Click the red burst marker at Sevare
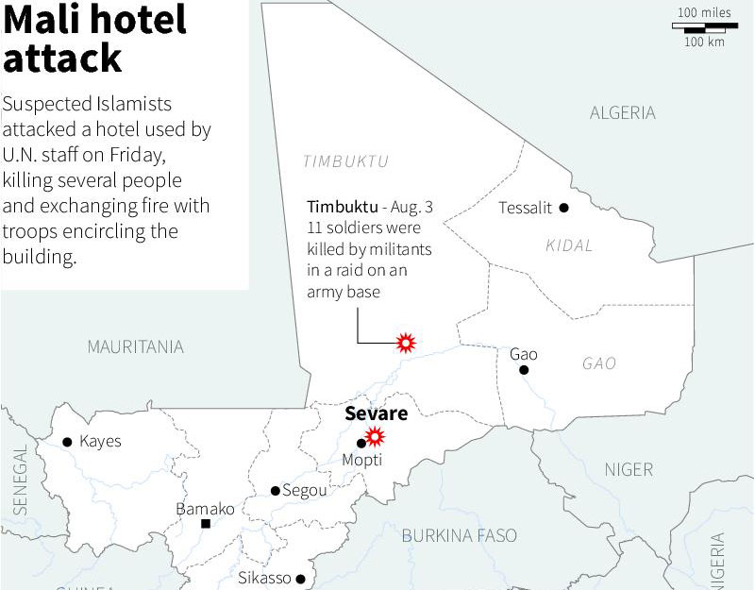pyautogui.click(x=376, y=436)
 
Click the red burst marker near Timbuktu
pyautogui.click(x=406, y=343)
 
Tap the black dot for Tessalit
pyautogui.click(x=563, y=208)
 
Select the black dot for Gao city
pyautogui.click(x=524, y=370)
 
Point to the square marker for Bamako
pyautogui.click(x=205, y=523)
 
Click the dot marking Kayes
pyautogui.click(x=67, y=442)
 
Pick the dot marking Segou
pyautogui.click(x=275, y=491)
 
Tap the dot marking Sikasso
pyautogui.click(x=301, y=579)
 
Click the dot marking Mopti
pyautogui.click(x=361, y=443)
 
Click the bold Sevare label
pyautogui.click(x=376, y=413)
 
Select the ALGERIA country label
pyautogui.click(x=622, y=113)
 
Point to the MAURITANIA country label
pyautogui.click(x=135, y=347)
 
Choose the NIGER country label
pyautogui.click(x=628, y=469)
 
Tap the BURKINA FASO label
pyautogui.click(x=460, y=535)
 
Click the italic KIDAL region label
pyautogui.click(x=569, y=245)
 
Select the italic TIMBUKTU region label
pyautogui.click(x=345, y=161)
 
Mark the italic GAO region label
pyautogui.click(x=599, y=363)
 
